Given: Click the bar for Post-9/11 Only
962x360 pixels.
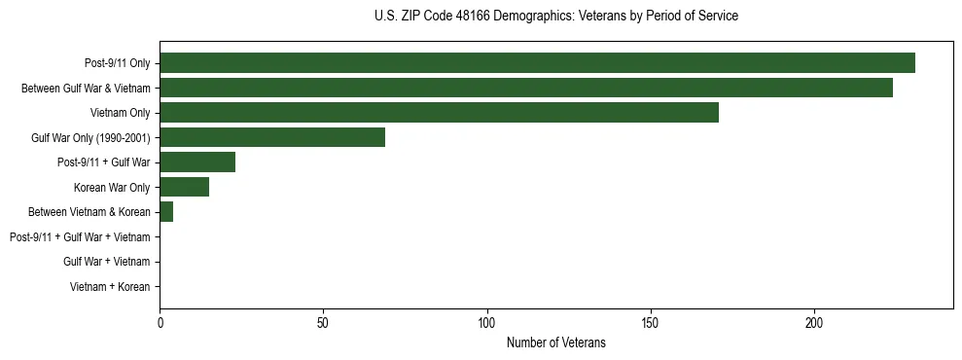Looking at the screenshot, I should [x=537, y=63].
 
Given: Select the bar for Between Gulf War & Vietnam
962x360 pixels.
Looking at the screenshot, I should [x=526, y=88].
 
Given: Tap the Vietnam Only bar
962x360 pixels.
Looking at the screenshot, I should [x=439, y=113].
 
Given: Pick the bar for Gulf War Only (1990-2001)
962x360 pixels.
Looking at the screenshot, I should [x=272, y=137].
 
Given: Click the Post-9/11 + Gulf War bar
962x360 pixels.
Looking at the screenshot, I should [x=197, y=162].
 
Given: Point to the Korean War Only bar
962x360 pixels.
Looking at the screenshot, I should [x=184, y=187].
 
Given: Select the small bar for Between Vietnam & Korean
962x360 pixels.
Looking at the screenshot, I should [x=166, y=212].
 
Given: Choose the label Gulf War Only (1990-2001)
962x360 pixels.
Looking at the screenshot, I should [x=90, y=138].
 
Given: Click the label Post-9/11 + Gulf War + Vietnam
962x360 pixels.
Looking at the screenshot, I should [x=80, y=237].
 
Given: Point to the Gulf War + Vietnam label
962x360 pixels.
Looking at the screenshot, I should [x=106, y=262].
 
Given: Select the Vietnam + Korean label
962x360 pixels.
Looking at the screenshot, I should [x=110, y=287].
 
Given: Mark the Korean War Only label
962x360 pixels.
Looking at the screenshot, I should [x=112, y=188].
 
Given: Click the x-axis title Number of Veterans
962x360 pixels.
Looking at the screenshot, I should [x=555, y=342].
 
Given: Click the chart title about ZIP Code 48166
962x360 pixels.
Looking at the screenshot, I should [x=555, y=16].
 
